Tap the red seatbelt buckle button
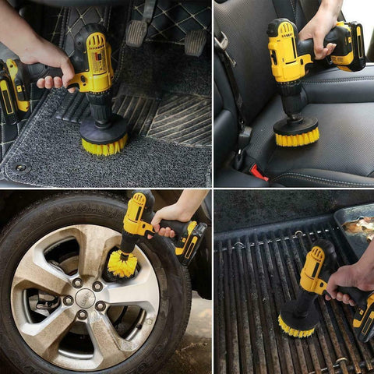(x=259, y=173)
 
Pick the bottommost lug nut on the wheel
(x=83, y=316)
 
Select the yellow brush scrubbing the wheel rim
(x=122, y=263)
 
